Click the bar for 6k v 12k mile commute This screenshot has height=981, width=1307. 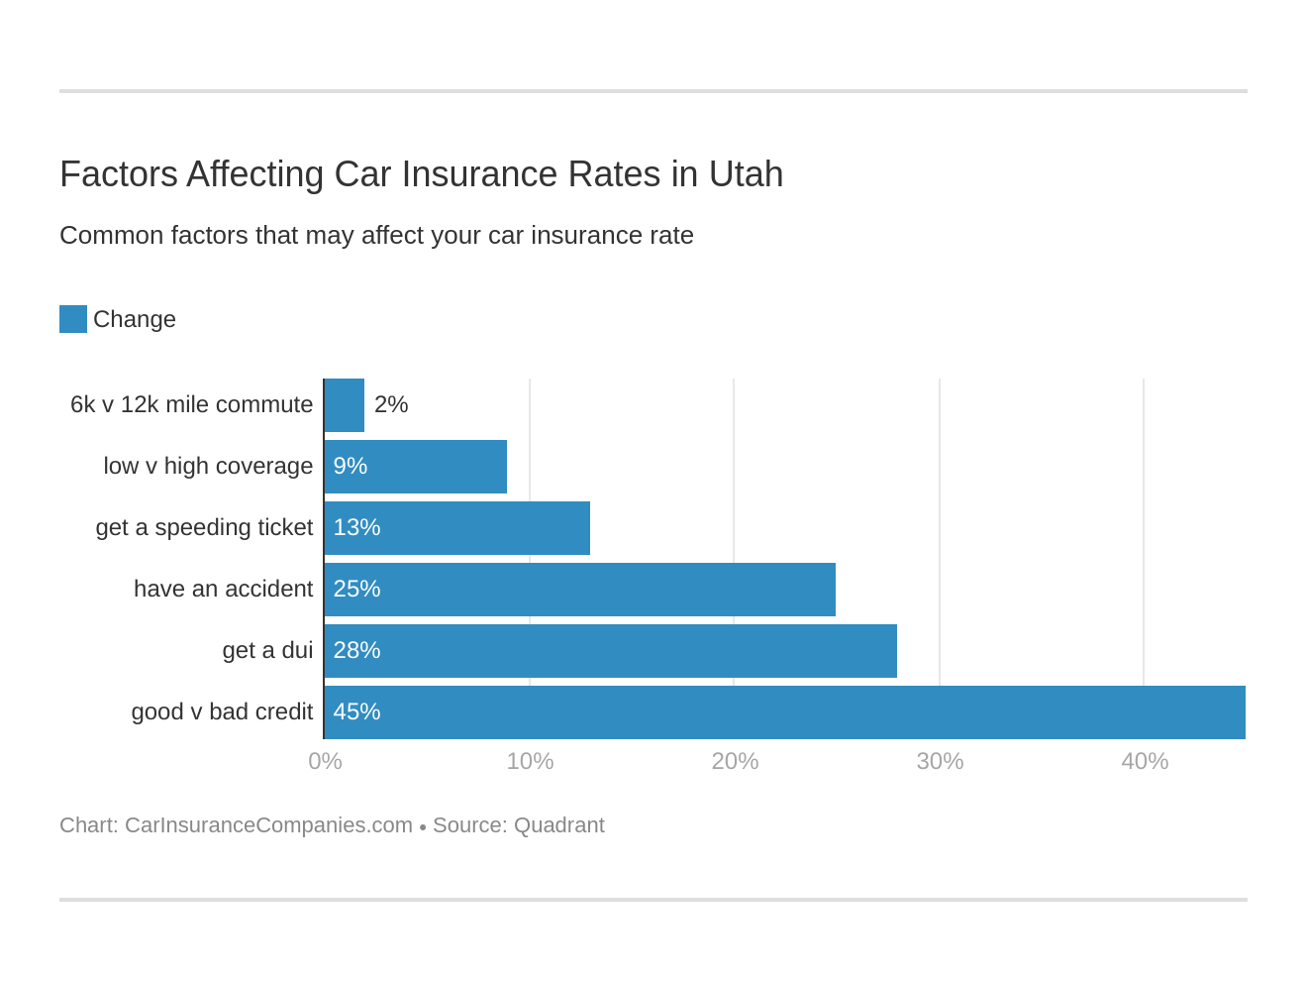coord(345,405)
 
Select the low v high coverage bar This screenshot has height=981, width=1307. coord(416,467)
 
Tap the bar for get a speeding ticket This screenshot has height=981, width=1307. coord(457,528)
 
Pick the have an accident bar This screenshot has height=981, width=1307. coord(580,590)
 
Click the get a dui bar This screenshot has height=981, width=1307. coord(611,651)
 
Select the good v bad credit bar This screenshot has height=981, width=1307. coord(784,712)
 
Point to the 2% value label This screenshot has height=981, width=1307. coord(391,405)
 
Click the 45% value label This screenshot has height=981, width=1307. coord(356,712)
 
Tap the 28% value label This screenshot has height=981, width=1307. coord(356,651)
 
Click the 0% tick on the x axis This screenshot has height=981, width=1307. coord(325,761)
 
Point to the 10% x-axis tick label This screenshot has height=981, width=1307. coord(530,761)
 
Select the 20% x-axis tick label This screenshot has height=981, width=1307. coord(735,761)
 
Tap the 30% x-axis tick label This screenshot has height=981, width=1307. coord(940,761)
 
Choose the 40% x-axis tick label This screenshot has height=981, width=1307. coord(1145,761)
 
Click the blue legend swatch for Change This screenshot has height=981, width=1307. coord(73,319)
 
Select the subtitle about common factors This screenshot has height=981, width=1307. coord(376,236)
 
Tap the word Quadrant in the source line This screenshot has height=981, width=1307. coord(560,825)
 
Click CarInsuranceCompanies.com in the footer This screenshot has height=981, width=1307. coord(268,825)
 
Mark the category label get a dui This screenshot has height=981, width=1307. coord(267,651)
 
